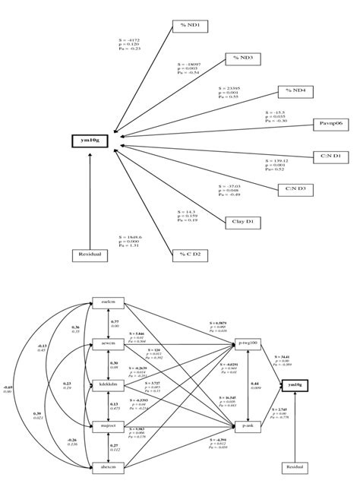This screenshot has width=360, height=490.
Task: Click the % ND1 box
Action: (x=190, y=26)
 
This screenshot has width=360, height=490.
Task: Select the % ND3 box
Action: (x=243, y=58)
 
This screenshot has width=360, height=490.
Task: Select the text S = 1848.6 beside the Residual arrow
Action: (x=131, y=238)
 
